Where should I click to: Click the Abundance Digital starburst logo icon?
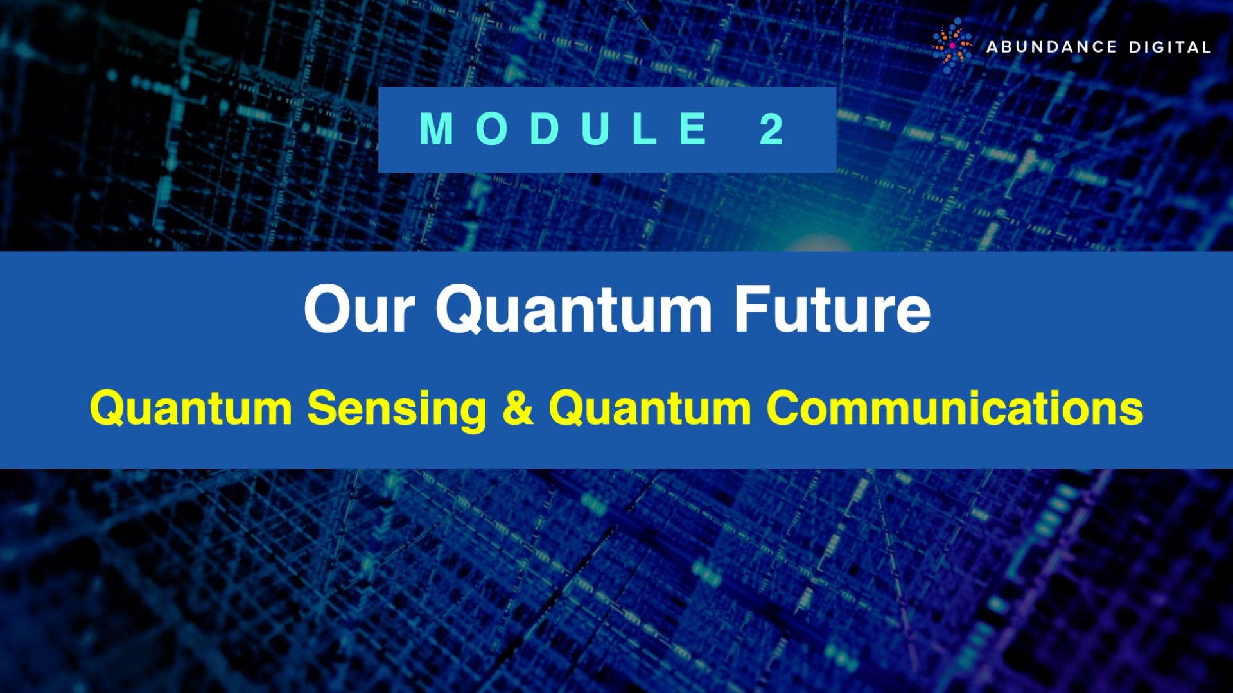952,46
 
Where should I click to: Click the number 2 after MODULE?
771,130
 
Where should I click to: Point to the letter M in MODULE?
437,130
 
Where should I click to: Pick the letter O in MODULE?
493,130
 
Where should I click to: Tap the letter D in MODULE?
545,130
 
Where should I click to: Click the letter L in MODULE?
645,130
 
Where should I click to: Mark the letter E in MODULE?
693,130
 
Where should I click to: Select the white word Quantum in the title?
573,311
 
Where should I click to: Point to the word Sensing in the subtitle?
397,409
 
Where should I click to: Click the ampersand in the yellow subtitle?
518,409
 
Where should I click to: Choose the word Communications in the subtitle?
955,409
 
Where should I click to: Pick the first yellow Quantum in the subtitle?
191,409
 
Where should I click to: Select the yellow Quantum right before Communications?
650,409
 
